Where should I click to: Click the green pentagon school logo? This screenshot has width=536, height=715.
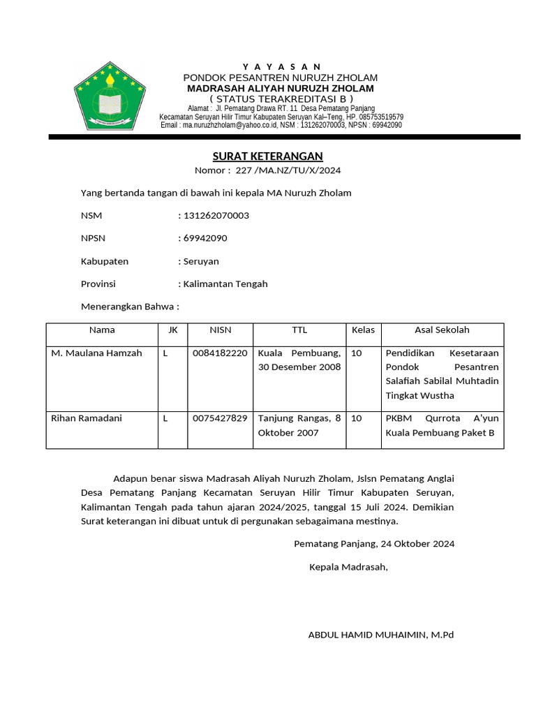110,97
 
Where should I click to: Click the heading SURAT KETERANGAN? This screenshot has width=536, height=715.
267,156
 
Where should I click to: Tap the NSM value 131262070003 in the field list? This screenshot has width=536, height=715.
216,216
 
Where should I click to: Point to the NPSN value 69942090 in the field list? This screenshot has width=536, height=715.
204,238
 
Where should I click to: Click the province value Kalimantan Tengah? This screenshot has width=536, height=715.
225,284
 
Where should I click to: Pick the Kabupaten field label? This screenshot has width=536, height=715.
105,261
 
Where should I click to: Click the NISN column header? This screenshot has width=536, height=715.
221,330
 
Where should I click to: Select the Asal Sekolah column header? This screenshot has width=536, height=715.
442,330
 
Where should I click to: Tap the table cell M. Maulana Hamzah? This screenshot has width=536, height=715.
96,353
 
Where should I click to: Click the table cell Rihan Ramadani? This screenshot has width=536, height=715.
87,418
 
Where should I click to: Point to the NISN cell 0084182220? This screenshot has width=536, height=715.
220,353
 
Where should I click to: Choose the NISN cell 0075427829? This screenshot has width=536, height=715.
220,418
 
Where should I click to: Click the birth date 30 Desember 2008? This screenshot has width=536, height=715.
299,367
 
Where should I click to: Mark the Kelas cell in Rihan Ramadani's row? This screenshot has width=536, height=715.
357,418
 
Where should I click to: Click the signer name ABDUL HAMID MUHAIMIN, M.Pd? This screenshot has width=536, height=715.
381,635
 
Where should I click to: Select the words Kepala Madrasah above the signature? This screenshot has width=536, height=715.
348,567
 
